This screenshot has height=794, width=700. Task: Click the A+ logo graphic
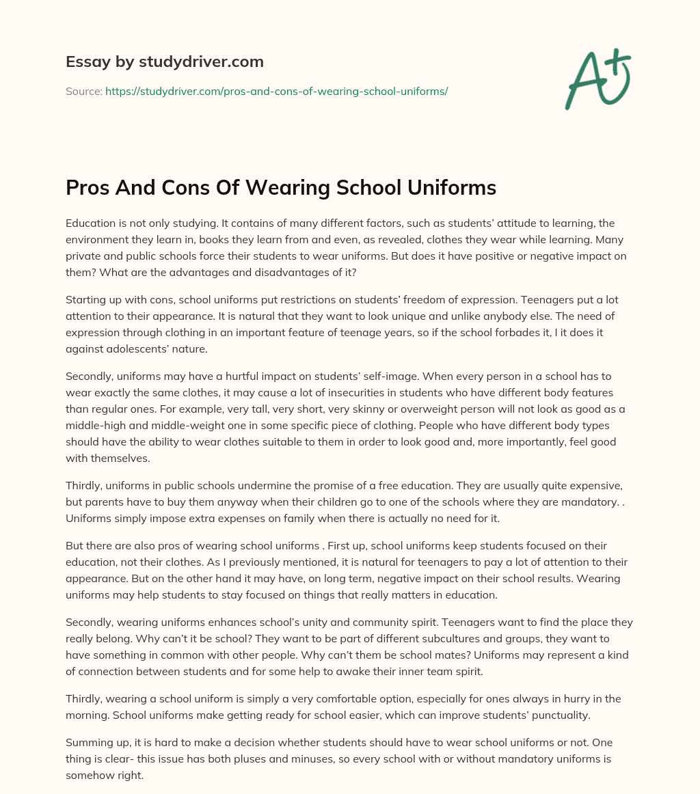click(x=597, y=79)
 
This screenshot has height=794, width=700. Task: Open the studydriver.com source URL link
click(x=276, y=91)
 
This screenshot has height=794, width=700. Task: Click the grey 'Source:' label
click(x=83, y=91)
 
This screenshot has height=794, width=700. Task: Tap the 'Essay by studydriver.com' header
click(x=164, y=61)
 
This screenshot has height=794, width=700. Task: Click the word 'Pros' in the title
click(x=88, y=188)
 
